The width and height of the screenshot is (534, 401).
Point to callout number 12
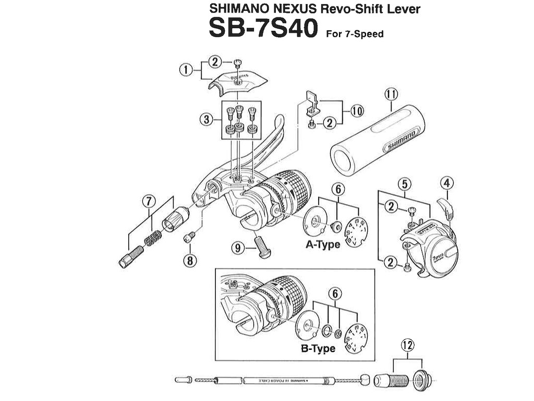407,345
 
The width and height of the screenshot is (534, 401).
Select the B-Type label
318,348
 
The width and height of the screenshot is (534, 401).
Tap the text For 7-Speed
355,34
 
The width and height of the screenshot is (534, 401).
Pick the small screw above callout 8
189,238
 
